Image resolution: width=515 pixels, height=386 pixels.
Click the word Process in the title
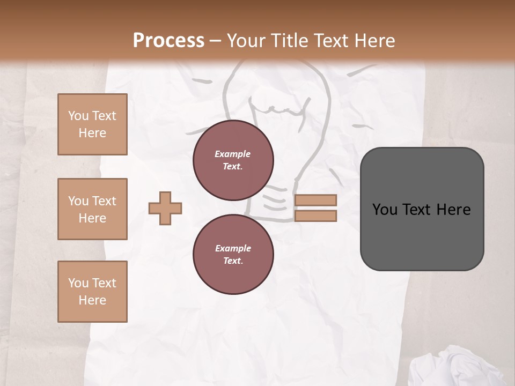coord(168,40)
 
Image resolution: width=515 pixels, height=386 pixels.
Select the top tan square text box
coord(92,124)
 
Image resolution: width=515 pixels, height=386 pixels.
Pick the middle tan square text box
coord(92,209)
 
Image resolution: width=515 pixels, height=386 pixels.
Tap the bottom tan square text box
coord(92,292)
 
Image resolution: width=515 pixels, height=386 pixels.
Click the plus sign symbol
coord(165,209)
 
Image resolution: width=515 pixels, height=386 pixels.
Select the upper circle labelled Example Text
coord(233,160)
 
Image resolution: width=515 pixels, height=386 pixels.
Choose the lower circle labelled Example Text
coord(233,254)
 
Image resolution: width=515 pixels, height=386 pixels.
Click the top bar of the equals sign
coord(315,200)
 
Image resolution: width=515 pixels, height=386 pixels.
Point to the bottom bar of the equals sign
coord(315,216)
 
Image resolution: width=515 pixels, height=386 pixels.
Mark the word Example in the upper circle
coord(233,154)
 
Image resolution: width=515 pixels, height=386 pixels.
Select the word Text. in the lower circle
coord(233,261)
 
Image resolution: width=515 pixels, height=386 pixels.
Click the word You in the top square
coord(78,116)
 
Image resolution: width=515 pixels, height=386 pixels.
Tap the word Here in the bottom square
coord(92,300)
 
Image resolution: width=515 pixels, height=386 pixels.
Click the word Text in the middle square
coord(104,201)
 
